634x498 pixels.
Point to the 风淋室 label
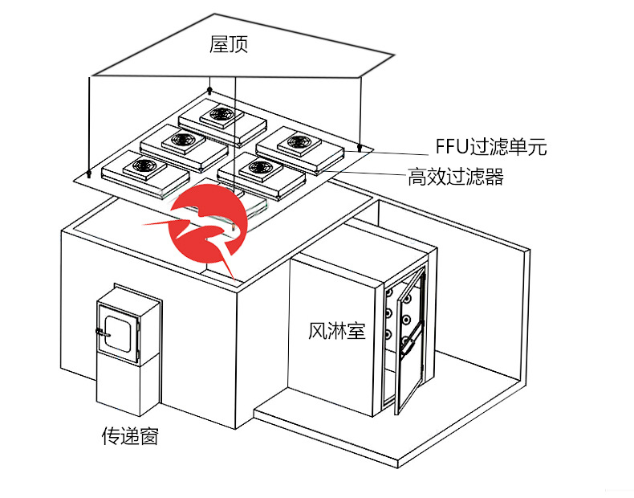[x=336, y=330]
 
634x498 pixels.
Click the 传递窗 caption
[x=129, y=436]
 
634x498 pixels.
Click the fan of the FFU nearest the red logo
[x=258, y=168]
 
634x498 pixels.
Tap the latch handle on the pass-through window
[x=101, y=330]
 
